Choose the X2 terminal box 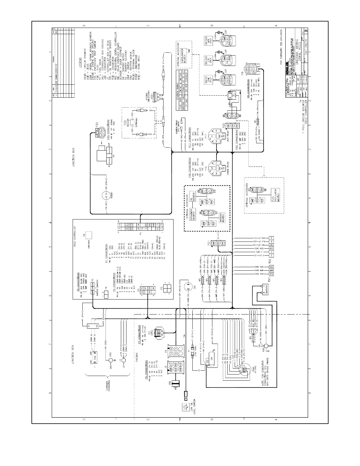(x=97, y=326)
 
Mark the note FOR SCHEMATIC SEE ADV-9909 (x=281, y=47)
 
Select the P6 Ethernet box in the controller (x=88, y=234)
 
